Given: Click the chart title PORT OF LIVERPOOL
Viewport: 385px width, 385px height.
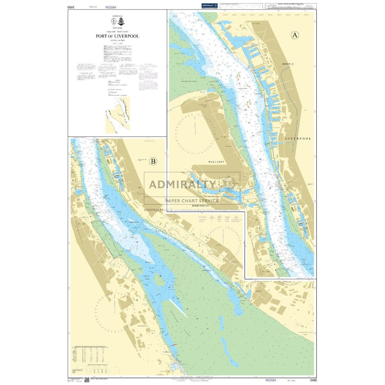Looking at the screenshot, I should [117, 36].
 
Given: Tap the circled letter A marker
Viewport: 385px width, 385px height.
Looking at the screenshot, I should [295, 35].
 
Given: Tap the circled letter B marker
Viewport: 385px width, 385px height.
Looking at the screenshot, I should [153, 161].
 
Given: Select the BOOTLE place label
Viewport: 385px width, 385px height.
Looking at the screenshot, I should [288, 64].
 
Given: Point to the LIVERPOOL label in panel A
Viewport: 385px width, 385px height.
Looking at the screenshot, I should [298, 139].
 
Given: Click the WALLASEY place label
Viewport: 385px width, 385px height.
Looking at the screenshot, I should [216, 162].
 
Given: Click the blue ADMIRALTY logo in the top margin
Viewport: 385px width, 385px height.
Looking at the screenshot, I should [210, 6].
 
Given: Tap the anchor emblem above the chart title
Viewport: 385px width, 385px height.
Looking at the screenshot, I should [121, 22].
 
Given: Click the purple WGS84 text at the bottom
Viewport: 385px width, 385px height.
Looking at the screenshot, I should [271, 380].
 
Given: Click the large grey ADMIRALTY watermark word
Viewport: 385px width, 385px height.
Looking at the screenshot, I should [182, 184].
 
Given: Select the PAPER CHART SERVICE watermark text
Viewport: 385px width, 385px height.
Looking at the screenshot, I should [192, 200].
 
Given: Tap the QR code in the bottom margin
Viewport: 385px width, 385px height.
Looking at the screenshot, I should [88, 380].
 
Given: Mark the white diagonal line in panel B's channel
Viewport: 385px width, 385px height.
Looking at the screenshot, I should [178, 308].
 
